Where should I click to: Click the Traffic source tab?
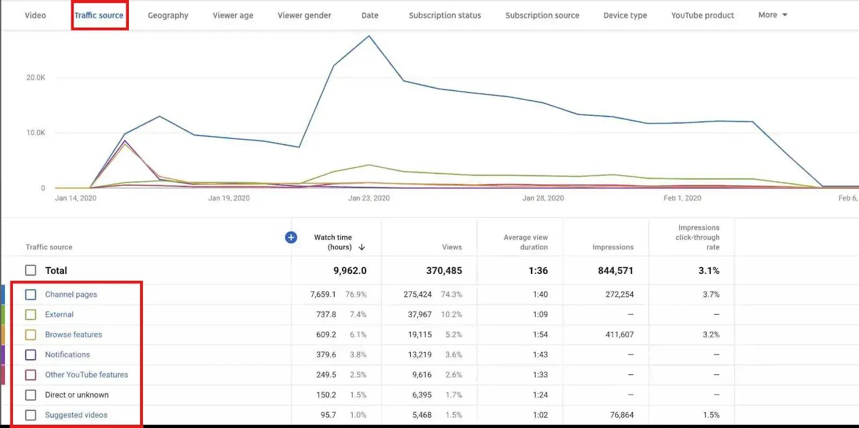pos(99,15)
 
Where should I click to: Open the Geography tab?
pos(168,15)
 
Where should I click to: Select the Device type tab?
pos(625,15)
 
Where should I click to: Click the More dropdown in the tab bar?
pos(773,15)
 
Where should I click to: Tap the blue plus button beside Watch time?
pos(291,237)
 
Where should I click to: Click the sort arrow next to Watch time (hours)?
pos(362,247)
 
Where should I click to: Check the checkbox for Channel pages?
pos(31,294)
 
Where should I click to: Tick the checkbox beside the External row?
pos(31,315)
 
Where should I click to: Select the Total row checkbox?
pos(31,270)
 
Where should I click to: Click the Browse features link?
pos(74,335)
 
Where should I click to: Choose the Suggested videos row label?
pos(76,415)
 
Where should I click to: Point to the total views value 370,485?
pos(444,271)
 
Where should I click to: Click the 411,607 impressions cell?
pos(620,335)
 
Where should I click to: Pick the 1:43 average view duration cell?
pos(540,354)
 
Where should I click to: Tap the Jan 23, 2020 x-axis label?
pos(369,198)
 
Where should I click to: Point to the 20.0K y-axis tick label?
pos(36,77)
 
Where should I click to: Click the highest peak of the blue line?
pos(369,36)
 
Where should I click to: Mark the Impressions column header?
pos(613,247)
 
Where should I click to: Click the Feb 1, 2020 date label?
pos(682,198)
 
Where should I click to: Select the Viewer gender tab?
pos(304,15)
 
